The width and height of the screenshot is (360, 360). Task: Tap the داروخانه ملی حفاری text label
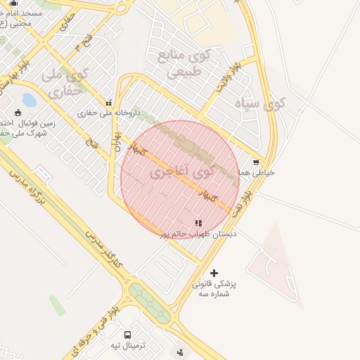click(x=109, y=112)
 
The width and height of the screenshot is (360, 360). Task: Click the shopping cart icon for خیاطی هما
click(x=255, y=162)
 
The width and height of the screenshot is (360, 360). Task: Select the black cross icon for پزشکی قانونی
click(x=214, y=273)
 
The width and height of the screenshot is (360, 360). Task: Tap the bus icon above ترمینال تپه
click(x=127, y=335)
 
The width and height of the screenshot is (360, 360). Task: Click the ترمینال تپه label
click(x=127, y=346)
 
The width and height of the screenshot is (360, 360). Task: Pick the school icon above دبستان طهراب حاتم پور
click(x=207, y=223)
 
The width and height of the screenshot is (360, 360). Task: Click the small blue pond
click(x=30, y=100)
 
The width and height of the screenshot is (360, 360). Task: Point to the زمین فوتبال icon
click(x=18, y=112)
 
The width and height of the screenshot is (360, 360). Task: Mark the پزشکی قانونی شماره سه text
click(x=214, y=289)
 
